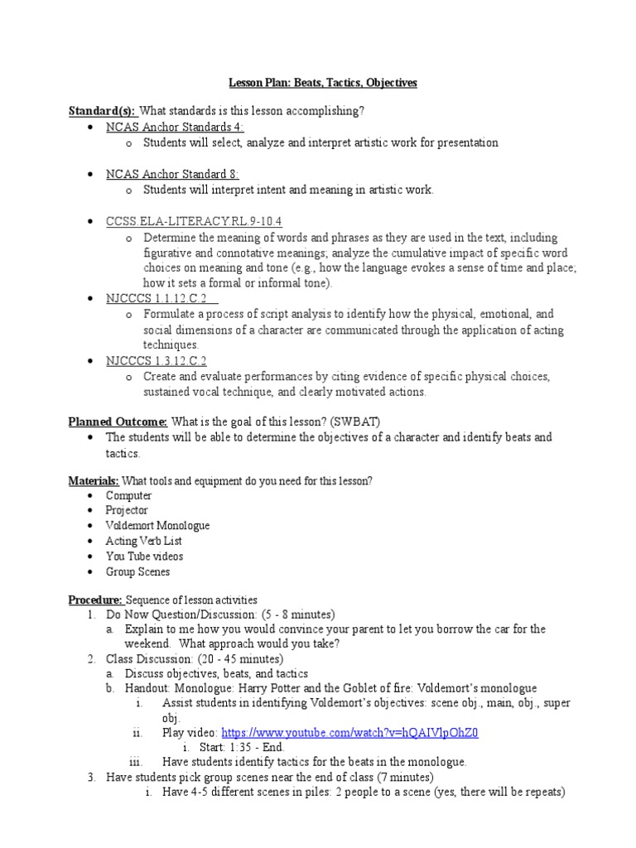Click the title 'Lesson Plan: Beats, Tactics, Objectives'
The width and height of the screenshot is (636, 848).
[x=323, y=83]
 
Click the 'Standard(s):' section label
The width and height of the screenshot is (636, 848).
[x=102, y=112]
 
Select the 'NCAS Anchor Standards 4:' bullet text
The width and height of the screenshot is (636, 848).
[x=162, y=127]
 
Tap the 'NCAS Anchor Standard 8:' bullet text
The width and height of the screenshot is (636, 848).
[x=160, y=174]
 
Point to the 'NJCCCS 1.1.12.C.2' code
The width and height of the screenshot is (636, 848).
[x=157, y=299]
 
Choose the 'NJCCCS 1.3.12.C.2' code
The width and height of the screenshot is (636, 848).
[x=157, y=360]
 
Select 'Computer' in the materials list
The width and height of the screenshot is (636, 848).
[x=128, y=495]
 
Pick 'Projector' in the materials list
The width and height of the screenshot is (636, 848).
[x=127, y=510]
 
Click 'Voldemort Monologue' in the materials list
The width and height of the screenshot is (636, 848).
[x=157, y=526]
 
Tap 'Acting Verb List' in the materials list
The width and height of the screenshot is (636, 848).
[x=143, y=541]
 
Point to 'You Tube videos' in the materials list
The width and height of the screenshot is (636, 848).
[x=144, y=556]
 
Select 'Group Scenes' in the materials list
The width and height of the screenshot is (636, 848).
[x=137, y=571]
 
